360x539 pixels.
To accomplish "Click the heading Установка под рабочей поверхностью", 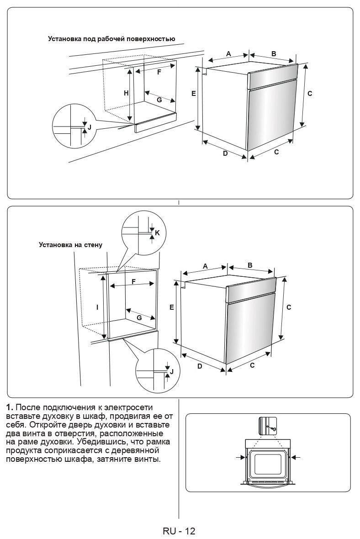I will (x=111, y=39).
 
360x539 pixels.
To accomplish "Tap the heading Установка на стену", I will (x=70, y=245).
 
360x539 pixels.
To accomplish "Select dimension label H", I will (x=126, y=93).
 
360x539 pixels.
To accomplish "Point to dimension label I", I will (x=97, y=308).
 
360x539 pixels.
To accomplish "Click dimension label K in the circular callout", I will (x=157, y=233).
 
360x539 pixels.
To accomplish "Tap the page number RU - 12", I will (x=179, y=531).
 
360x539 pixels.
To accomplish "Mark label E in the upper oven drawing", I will (x=194, y=93).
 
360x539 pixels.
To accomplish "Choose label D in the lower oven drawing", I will (x=200, y=365).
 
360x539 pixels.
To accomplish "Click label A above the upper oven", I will (x=228, y=54).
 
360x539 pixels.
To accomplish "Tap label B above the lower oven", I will (x=250, y=265).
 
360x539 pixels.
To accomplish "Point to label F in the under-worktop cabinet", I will (x=159, y=72).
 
